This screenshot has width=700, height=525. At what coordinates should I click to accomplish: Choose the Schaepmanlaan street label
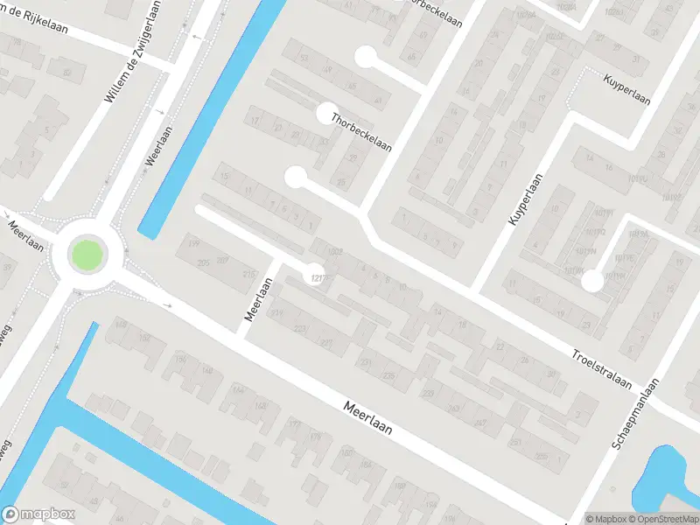click(x=638, y=419)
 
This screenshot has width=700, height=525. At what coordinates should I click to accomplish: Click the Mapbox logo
click(x=38, y=514)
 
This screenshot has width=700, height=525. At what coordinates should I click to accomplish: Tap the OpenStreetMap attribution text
click(x=664, y=518)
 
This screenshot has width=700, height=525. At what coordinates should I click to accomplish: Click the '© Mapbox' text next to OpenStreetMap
click(x=607, y=518)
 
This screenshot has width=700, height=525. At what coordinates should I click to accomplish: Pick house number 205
click(x=203, y=262)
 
